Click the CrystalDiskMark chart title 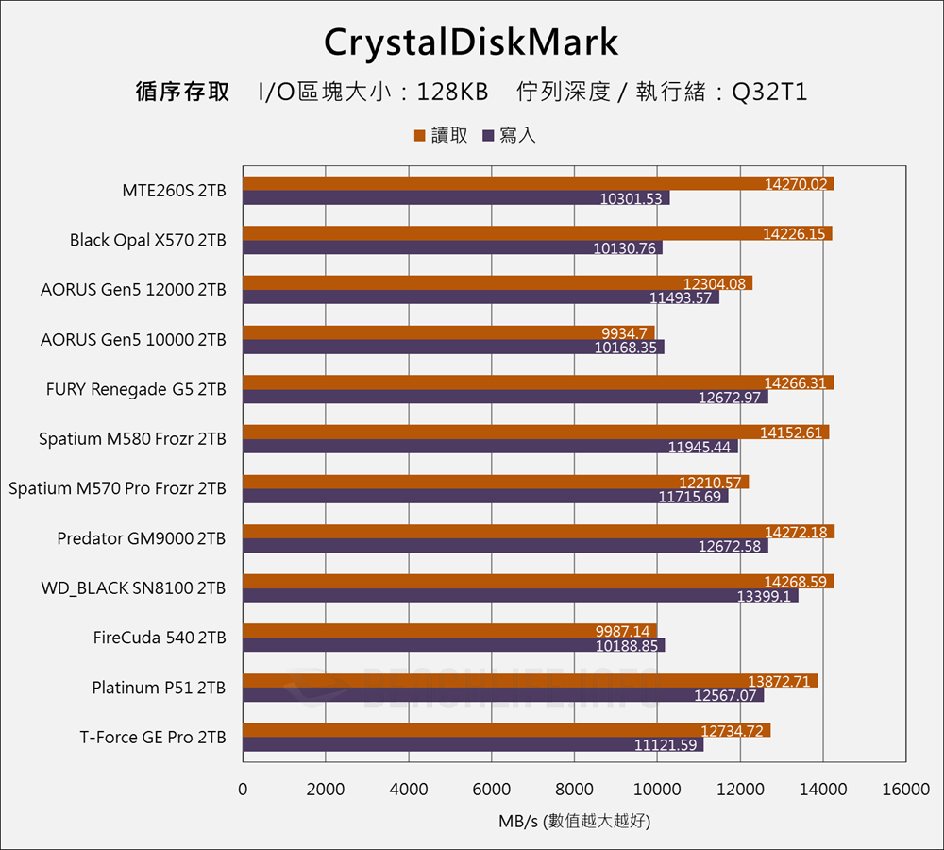(471, 42)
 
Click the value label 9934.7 (624, 332)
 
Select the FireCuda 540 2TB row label (160, 637)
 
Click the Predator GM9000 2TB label (142, 538)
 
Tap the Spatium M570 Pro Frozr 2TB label (117, 488)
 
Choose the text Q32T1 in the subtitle (769, 93)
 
